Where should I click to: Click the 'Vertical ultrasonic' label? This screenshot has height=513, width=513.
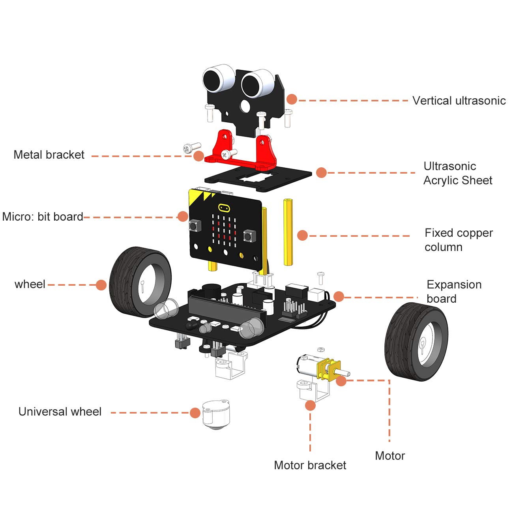click(x=459, y=101)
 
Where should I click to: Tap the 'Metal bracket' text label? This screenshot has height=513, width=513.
click(x=49, y=155)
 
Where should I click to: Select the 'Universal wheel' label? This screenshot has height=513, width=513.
click(x=60, y=412)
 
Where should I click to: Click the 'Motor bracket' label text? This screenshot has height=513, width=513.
click(x=310, y=465)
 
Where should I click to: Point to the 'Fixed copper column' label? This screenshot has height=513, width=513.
click(x=459, y=240)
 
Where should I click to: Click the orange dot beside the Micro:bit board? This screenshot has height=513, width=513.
click(x=183, y=216)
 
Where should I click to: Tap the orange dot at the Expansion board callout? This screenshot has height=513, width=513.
click(x=339, y=296)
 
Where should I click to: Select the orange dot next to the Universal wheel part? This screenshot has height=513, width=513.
click(x=195, y=413)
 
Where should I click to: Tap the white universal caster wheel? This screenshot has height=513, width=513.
click(x=215, y=414)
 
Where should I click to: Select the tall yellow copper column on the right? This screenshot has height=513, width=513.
click(x=288, y=233)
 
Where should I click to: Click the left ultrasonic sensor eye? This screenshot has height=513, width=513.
click(x=217, y=79)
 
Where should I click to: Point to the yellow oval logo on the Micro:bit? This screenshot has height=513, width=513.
click(x=223, y=207)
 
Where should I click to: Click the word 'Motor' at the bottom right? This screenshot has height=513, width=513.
click(x=389, y=456)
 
